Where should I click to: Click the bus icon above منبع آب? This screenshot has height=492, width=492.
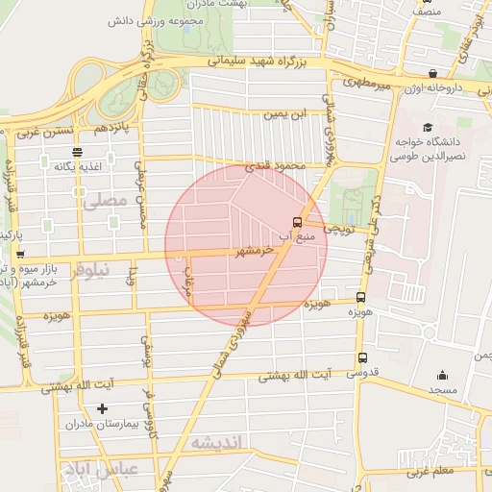(x=296, y=221)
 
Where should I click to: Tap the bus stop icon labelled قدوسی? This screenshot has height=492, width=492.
(x=361, y=357)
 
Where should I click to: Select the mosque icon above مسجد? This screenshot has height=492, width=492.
(x=442, y=376)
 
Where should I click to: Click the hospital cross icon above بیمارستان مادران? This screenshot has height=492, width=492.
(x=103, y=408)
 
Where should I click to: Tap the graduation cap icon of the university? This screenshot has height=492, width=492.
(x=427, y=127)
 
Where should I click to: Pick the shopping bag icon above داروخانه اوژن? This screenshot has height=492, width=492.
(x=433, y=73)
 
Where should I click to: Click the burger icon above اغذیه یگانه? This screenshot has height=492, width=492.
(x=77, y=152)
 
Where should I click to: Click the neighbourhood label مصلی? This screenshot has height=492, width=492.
(x=104, y=202)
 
